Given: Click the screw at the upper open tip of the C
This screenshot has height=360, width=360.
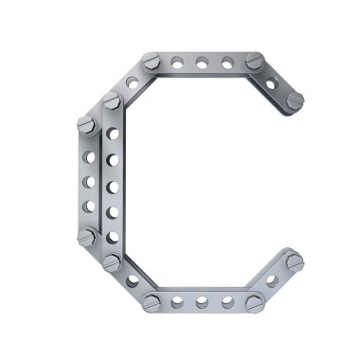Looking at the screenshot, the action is [296, 100].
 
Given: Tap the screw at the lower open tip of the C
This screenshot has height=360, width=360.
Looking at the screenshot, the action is [295, 261].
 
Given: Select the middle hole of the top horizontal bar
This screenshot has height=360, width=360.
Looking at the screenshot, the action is [202, 63].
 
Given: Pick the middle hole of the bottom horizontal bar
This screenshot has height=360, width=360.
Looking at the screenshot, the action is [202, 302].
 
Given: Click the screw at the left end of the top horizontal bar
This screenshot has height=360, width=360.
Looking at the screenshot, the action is [152, 62].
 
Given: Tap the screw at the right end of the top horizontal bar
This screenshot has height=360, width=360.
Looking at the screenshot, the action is [255, 61].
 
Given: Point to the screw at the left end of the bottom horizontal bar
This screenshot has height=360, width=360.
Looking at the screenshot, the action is [152, 303].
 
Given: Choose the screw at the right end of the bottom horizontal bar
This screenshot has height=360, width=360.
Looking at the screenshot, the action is [255, 302].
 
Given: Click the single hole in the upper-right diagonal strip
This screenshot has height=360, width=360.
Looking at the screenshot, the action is [271, 84].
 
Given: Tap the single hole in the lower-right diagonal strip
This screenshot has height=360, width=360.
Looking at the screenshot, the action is [272, 281].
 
